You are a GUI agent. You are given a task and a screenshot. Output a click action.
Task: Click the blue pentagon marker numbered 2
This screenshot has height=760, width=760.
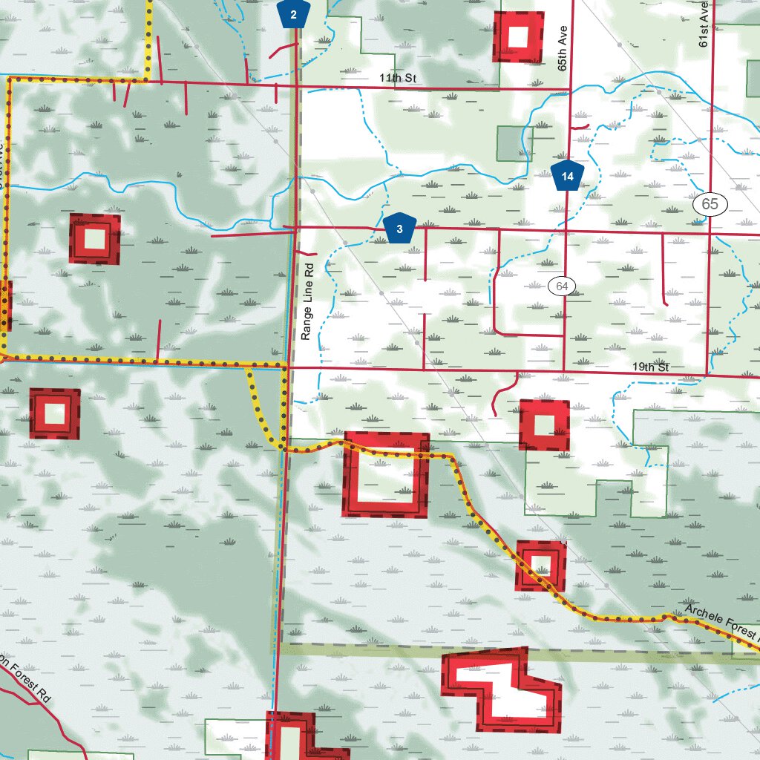[294, 14]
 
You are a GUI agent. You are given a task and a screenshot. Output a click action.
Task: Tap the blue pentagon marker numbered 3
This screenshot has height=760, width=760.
[400, 229]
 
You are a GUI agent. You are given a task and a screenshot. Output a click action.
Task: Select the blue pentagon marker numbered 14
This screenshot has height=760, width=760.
[568, 176]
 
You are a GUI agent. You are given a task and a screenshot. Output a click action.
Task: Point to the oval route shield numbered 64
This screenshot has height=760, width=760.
[563, 286]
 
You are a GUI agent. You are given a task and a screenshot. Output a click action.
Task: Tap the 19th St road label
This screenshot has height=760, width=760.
[651, 367]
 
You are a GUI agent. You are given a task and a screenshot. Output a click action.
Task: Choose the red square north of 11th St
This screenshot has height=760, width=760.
[518, 36]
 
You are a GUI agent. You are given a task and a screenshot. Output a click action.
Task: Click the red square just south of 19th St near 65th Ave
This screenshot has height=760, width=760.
[544, 425]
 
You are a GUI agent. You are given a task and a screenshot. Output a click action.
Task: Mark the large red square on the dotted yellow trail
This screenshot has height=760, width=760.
[386, 474]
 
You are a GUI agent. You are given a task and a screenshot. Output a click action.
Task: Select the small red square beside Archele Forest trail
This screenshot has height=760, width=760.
[540, 565]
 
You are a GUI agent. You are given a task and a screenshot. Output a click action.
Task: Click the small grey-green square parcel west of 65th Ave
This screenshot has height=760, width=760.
[509, 143]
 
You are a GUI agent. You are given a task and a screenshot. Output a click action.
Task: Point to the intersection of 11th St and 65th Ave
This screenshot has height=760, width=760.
[569, 89]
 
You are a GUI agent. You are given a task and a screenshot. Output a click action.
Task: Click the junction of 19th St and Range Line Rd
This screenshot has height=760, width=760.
[288, 366]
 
